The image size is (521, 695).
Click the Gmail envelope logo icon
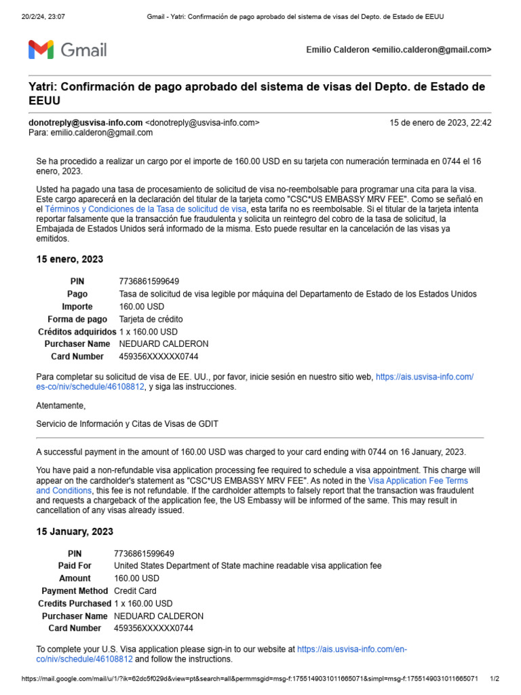click(41, 50)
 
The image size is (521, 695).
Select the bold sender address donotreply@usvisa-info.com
click(85, 123)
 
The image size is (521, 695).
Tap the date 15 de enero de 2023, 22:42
click(440, 123)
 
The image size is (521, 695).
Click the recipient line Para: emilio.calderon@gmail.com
click(90, 133)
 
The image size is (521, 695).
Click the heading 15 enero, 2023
click(69, 259)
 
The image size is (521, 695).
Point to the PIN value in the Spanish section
click(149, 281)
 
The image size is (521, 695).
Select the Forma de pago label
click(77, 319)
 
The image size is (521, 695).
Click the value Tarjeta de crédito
click(151, 319)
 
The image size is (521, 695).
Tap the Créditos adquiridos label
click(77, 332)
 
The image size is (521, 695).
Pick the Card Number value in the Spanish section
click(159, 356)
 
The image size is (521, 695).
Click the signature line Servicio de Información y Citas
click(127, 424)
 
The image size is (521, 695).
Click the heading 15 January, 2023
click(75, 531)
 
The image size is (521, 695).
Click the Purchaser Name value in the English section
click(159, 616)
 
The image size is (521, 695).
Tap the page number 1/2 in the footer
click(495, 679)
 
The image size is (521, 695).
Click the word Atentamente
click(61, 405)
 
